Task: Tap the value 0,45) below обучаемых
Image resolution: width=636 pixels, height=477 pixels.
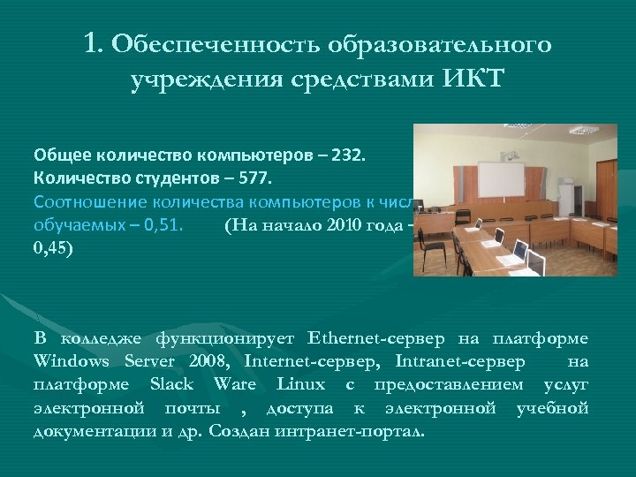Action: click(x=55, y=248)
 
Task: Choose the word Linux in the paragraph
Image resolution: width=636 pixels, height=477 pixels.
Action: click(x=301, y=384)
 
